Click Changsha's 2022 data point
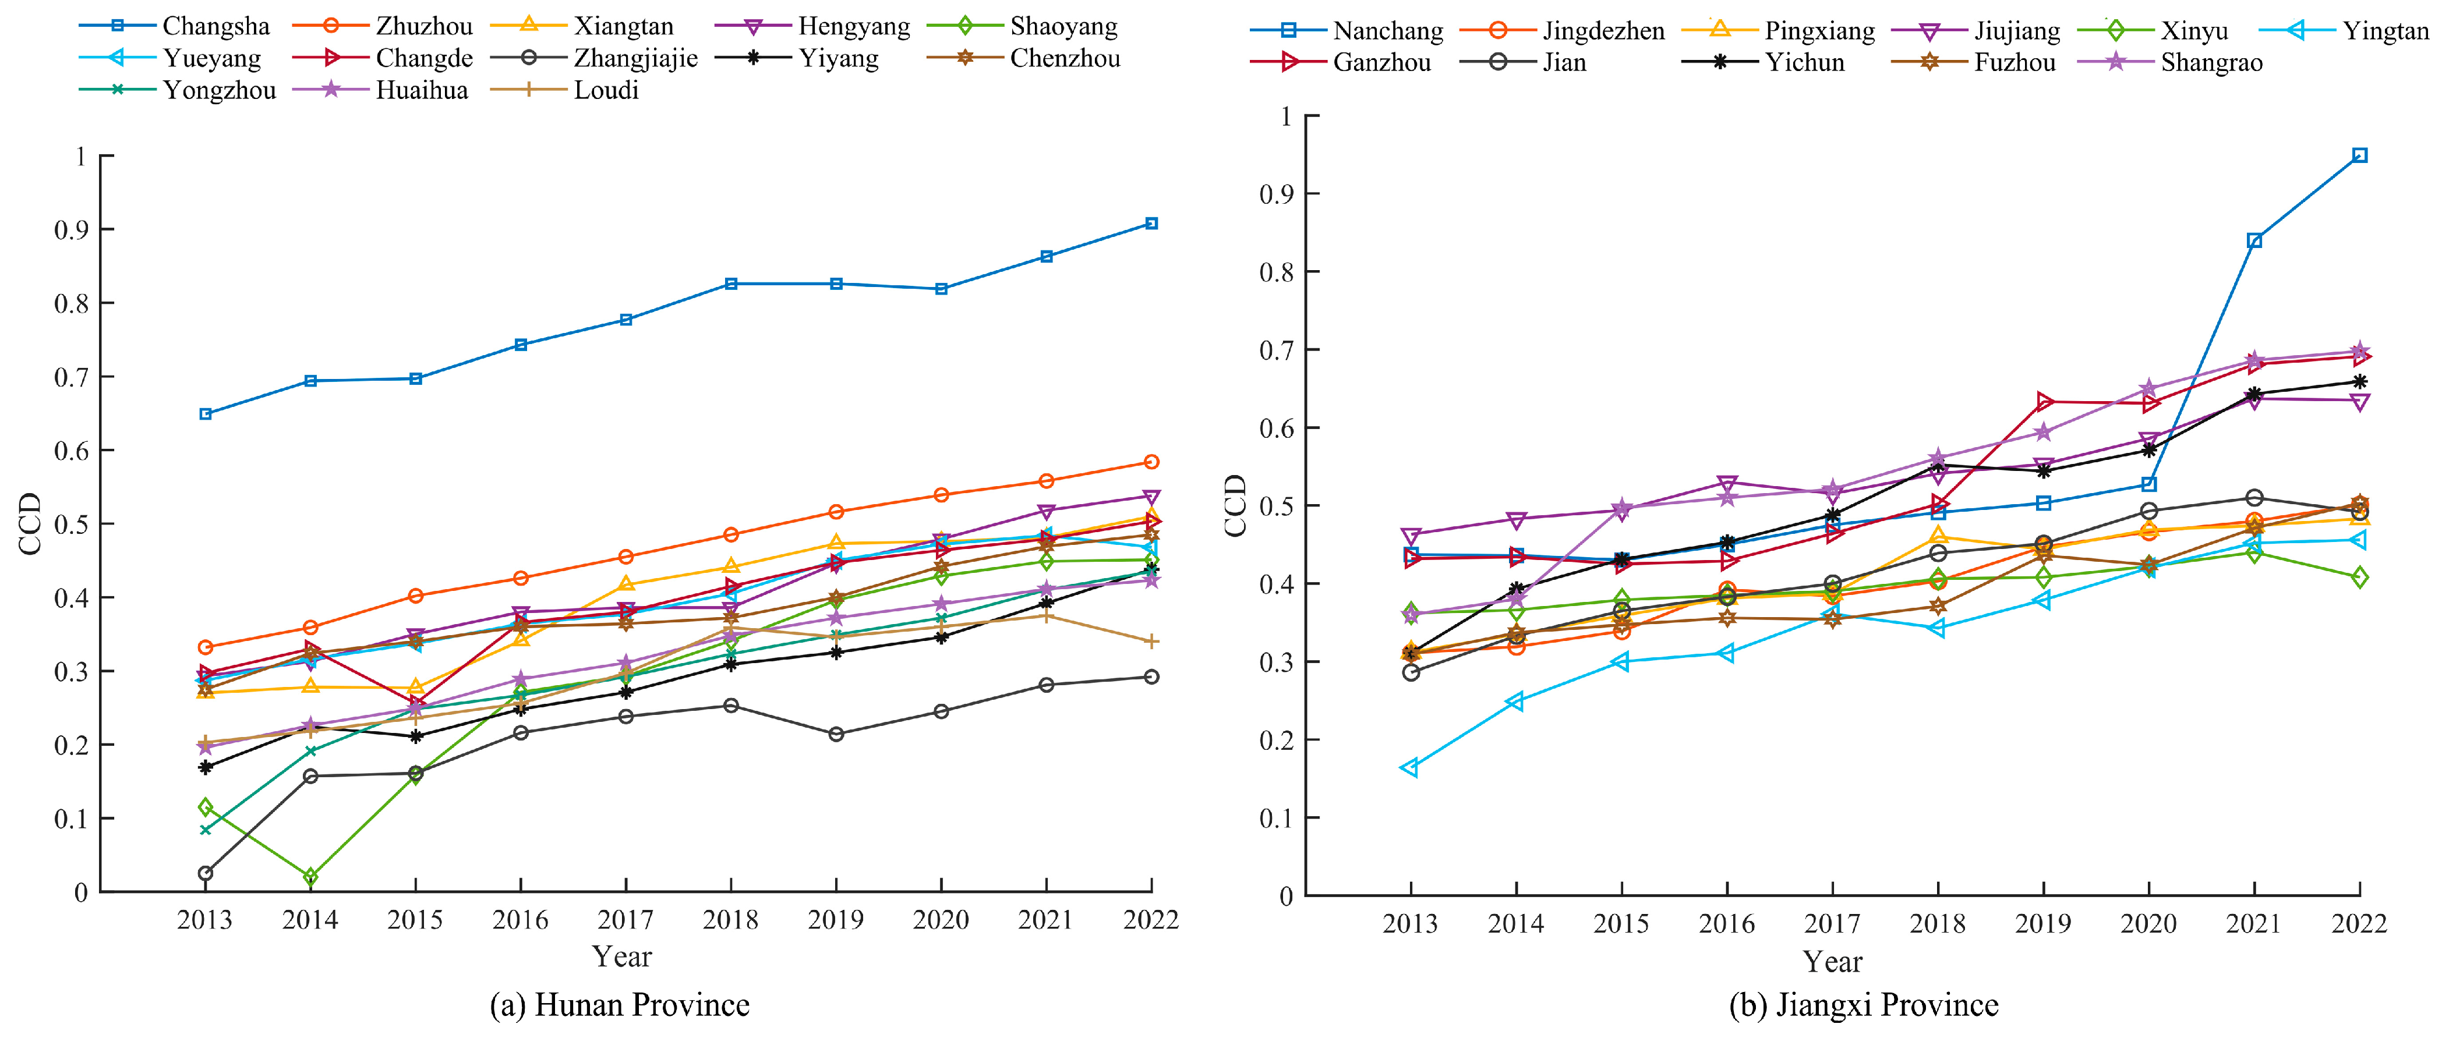(x=1151, y=224)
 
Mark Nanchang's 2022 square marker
(x=2359, y=155)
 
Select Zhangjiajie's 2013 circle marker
(x=205, y=873)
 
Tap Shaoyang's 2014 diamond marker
(x=310, y=877)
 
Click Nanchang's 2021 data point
(x=2254, y=241)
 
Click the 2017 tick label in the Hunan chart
(x=625, y=919)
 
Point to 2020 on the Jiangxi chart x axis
(x=2148, y=923)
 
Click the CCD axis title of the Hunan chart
(x=30, y=523)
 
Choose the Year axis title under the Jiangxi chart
(x=1832, y=962)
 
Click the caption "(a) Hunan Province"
(x=620, y=1005)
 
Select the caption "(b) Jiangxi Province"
(x=1864, y=1005)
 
